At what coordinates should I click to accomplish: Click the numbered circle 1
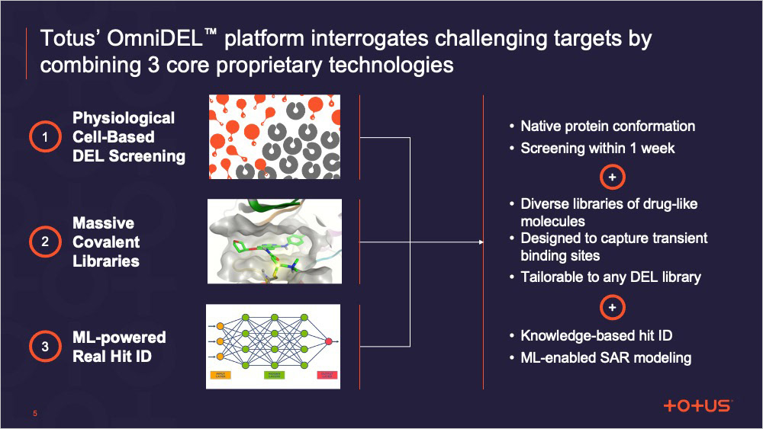pos(45,138)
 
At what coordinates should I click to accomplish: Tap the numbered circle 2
pos(45,242)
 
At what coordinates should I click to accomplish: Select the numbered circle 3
pos(45,347)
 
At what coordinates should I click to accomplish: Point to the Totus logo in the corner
pos(697,405)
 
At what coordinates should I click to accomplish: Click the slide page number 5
pos(34,414)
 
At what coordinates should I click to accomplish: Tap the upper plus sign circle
pos(613,178)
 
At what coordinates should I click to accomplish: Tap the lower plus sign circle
pos(613,308)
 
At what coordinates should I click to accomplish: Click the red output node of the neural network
pos(329,341)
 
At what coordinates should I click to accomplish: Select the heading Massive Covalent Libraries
pos(106,242)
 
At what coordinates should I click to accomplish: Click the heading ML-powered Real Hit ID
pos(119,347)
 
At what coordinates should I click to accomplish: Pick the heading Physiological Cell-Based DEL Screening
pos(128,137)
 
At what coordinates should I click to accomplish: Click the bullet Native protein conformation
pos(607,126)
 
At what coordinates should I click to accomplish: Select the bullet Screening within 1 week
pos(597,149)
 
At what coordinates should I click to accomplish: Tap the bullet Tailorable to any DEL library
pos(610,277)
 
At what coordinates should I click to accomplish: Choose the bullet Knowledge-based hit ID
pos(596,335)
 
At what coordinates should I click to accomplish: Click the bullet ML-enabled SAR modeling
pos(606,357)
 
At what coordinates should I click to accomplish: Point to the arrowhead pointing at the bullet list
pos(480,242)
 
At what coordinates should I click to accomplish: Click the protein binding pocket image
pos(275,242)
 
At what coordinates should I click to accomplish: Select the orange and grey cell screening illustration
pos(275,137)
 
